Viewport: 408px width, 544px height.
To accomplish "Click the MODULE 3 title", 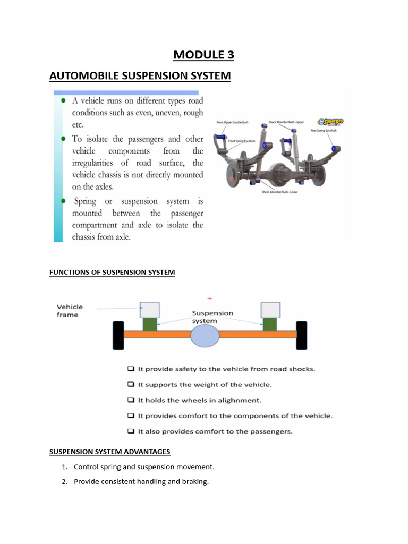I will pos(204,54).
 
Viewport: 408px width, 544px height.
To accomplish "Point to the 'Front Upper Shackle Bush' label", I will pos(232,122).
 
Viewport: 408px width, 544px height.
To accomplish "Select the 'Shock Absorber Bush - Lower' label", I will pos(280,192).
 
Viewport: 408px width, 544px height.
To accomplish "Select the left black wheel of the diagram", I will pos(118,335).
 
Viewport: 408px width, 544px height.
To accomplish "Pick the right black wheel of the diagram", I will pos(301,335).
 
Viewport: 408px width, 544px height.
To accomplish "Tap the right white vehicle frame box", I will pos(270,310).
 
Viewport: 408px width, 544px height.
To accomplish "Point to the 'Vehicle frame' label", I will pos(69,311).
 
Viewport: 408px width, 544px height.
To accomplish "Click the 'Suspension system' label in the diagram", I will pos(212,317).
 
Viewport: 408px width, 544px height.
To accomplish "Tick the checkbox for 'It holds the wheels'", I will pos(131,400).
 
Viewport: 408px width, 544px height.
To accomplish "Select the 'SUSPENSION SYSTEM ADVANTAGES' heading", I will pos(110,452).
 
